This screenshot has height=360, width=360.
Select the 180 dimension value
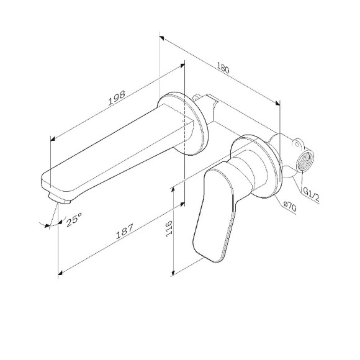tap(223, 68)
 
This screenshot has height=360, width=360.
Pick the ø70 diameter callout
tap(290, 208)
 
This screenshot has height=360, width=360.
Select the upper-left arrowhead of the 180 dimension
tap(161, 36)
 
